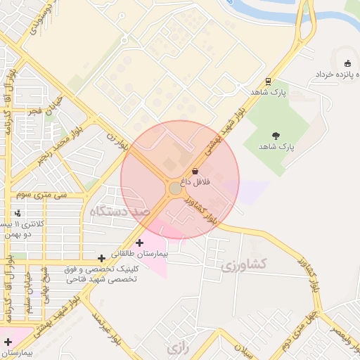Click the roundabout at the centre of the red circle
pyautogui.click(x=176, y=188)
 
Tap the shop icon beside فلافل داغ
pyautogui.click(x=195, y=172)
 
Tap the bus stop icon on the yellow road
pyautogui.click(x=269, y=81)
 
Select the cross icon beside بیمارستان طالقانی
pyautogui.click(x=139, y=243)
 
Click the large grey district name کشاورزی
pyautogui.click(x=244, y=265)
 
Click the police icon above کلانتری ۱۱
pyautogui.click(x=18, y=213)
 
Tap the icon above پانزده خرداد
pyautogui.click(x=347, y=63)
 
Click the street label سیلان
pyautogui.click(x=246, y=349)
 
